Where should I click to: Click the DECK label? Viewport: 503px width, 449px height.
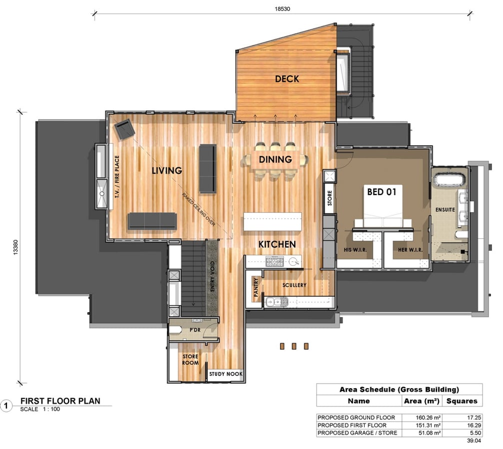point(287,79)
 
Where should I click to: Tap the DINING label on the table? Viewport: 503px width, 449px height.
point(275,159)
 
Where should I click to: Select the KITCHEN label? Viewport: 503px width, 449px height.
point(277,244)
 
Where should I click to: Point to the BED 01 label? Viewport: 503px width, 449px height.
point(382,192)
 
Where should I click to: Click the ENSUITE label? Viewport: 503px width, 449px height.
point(445,210)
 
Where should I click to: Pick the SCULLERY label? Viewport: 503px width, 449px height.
point(294,285)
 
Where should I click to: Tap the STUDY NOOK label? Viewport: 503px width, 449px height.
point(226,374)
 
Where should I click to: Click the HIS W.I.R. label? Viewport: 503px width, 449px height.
point(355,249)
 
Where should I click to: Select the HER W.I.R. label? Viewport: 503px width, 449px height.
point(410,249)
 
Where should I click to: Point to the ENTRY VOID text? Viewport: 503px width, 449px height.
point(212,276)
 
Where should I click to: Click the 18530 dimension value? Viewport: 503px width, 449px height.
point(282,9)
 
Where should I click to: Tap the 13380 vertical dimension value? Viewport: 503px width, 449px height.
point(15,247)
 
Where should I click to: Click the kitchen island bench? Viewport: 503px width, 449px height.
point(272,222)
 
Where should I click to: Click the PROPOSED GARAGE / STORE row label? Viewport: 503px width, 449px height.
point(357,433)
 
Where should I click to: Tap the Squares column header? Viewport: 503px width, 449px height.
point(462,401)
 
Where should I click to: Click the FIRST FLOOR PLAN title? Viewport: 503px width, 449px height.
point(60,401)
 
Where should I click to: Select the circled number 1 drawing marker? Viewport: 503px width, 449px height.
point(6,406)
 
